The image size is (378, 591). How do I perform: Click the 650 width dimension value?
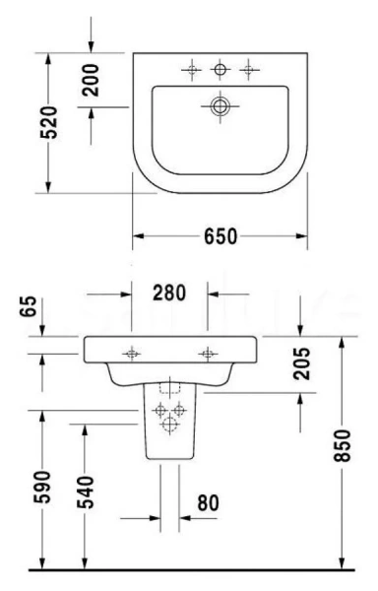220,236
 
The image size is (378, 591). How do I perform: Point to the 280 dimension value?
170,292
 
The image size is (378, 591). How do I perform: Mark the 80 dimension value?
207,503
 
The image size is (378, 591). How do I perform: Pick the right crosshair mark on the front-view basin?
208,353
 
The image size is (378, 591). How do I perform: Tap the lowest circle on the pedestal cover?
169,425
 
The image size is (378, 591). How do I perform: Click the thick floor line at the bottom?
189,570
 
